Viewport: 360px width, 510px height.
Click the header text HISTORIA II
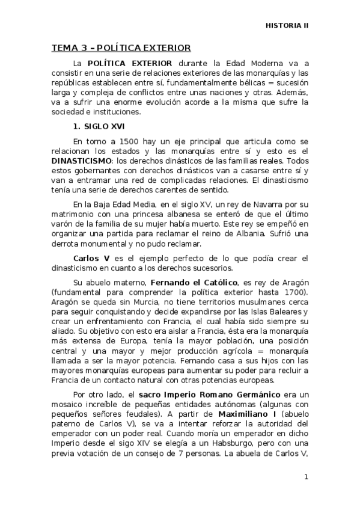click(287, 26)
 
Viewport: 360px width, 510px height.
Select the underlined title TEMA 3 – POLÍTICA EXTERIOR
click(121, 48)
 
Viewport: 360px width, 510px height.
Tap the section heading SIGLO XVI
click(92, 127)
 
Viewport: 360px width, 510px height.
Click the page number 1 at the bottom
click(306, 477)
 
